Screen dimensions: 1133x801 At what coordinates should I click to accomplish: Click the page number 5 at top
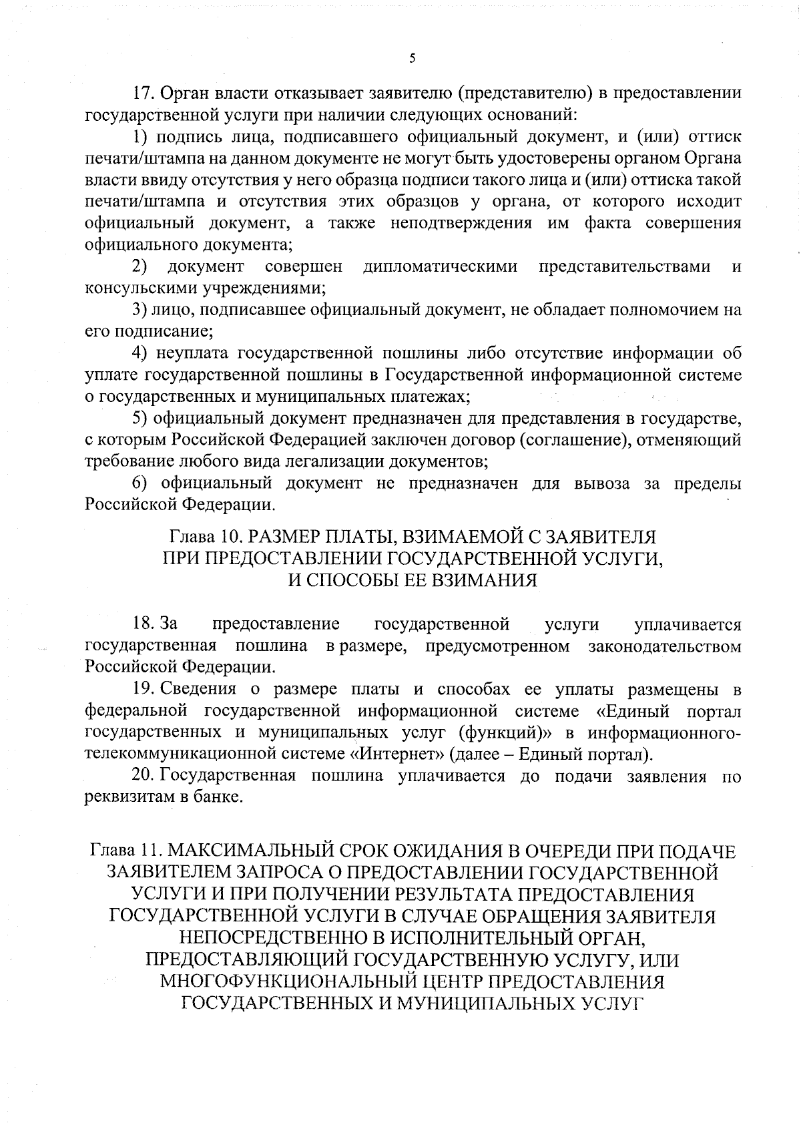[412, 59]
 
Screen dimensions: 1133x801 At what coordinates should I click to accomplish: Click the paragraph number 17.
[144, 93]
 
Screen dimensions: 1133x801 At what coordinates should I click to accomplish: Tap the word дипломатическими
[441, 267]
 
